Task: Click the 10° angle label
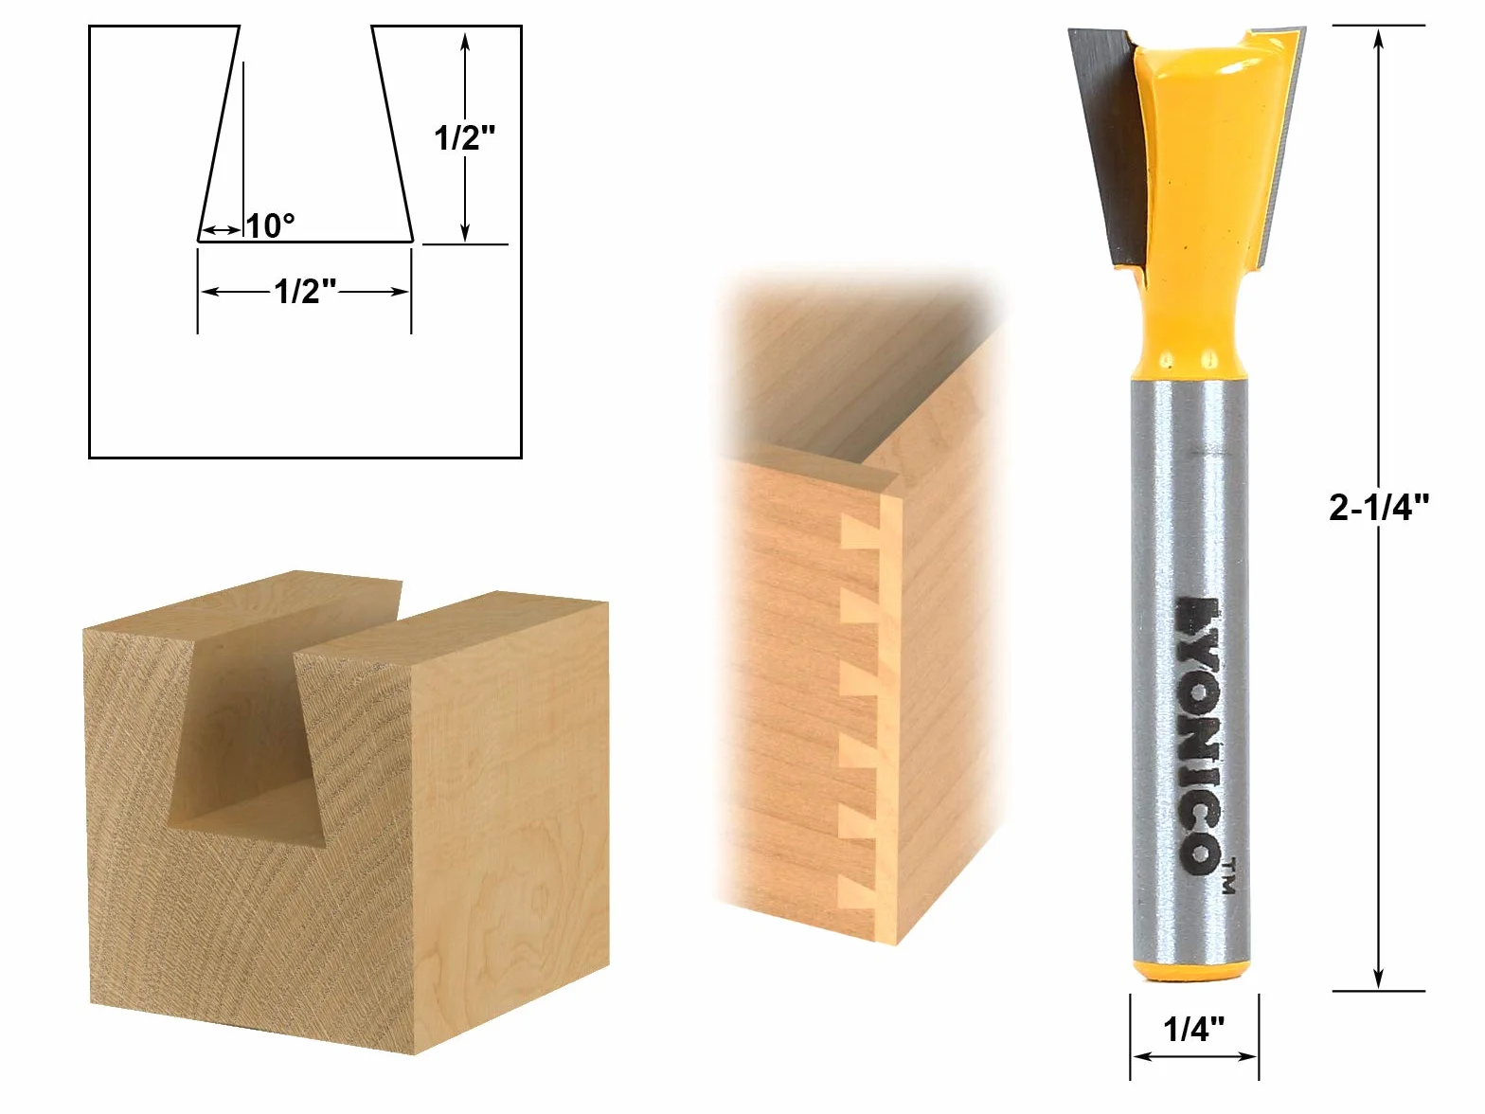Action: (x=270, y=225)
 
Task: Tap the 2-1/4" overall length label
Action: (x=1379, y=507)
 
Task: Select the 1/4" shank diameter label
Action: (x=1193, y=1029)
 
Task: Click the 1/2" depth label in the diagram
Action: (x=464, y=138)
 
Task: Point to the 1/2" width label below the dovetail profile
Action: (x=304, y=292)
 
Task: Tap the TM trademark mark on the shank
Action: (x=1229, y=876)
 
